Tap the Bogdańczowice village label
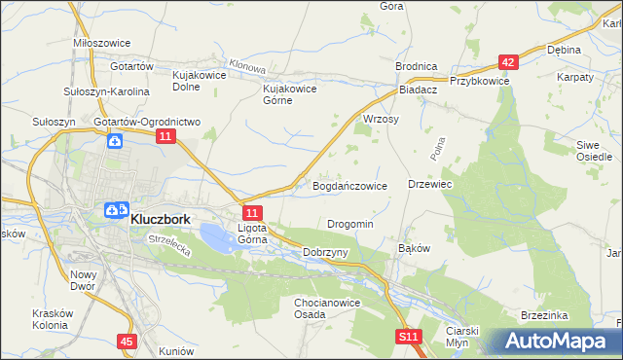pyautogui.click(x=350, y=185)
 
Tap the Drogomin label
pyautogui.click(x=350, y=224)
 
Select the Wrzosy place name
pyautogui.click(x=382, y=119)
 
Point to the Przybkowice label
pyautogui.click(x=479, y=82)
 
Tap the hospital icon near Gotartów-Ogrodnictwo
pyautogui.click(x=115, y=142)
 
